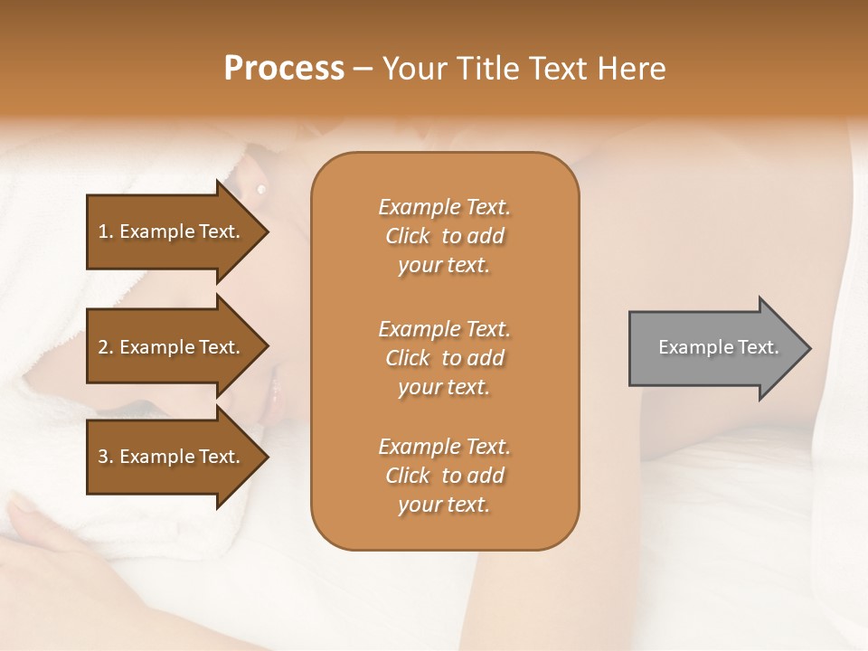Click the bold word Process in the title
pyautogui.click(x=284, y=69)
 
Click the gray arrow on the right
pyautogui.click(x=714, y=348)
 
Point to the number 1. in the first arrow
pyautogui.click(x=105, y=231)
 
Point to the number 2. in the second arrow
pyautogui.click(x=105, y=347)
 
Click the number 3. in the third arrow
pyautogui.click(x=105, y=457)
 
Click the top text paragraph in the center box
pyautogui.click(x=444, y=236)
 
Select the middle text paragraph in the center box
pyautogui.click(x=444, y=358)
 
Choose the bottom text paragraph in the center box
pyautogui.click(x=444, y=476)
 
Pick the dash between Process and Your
pyautogui.click(x=363, y=70)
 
